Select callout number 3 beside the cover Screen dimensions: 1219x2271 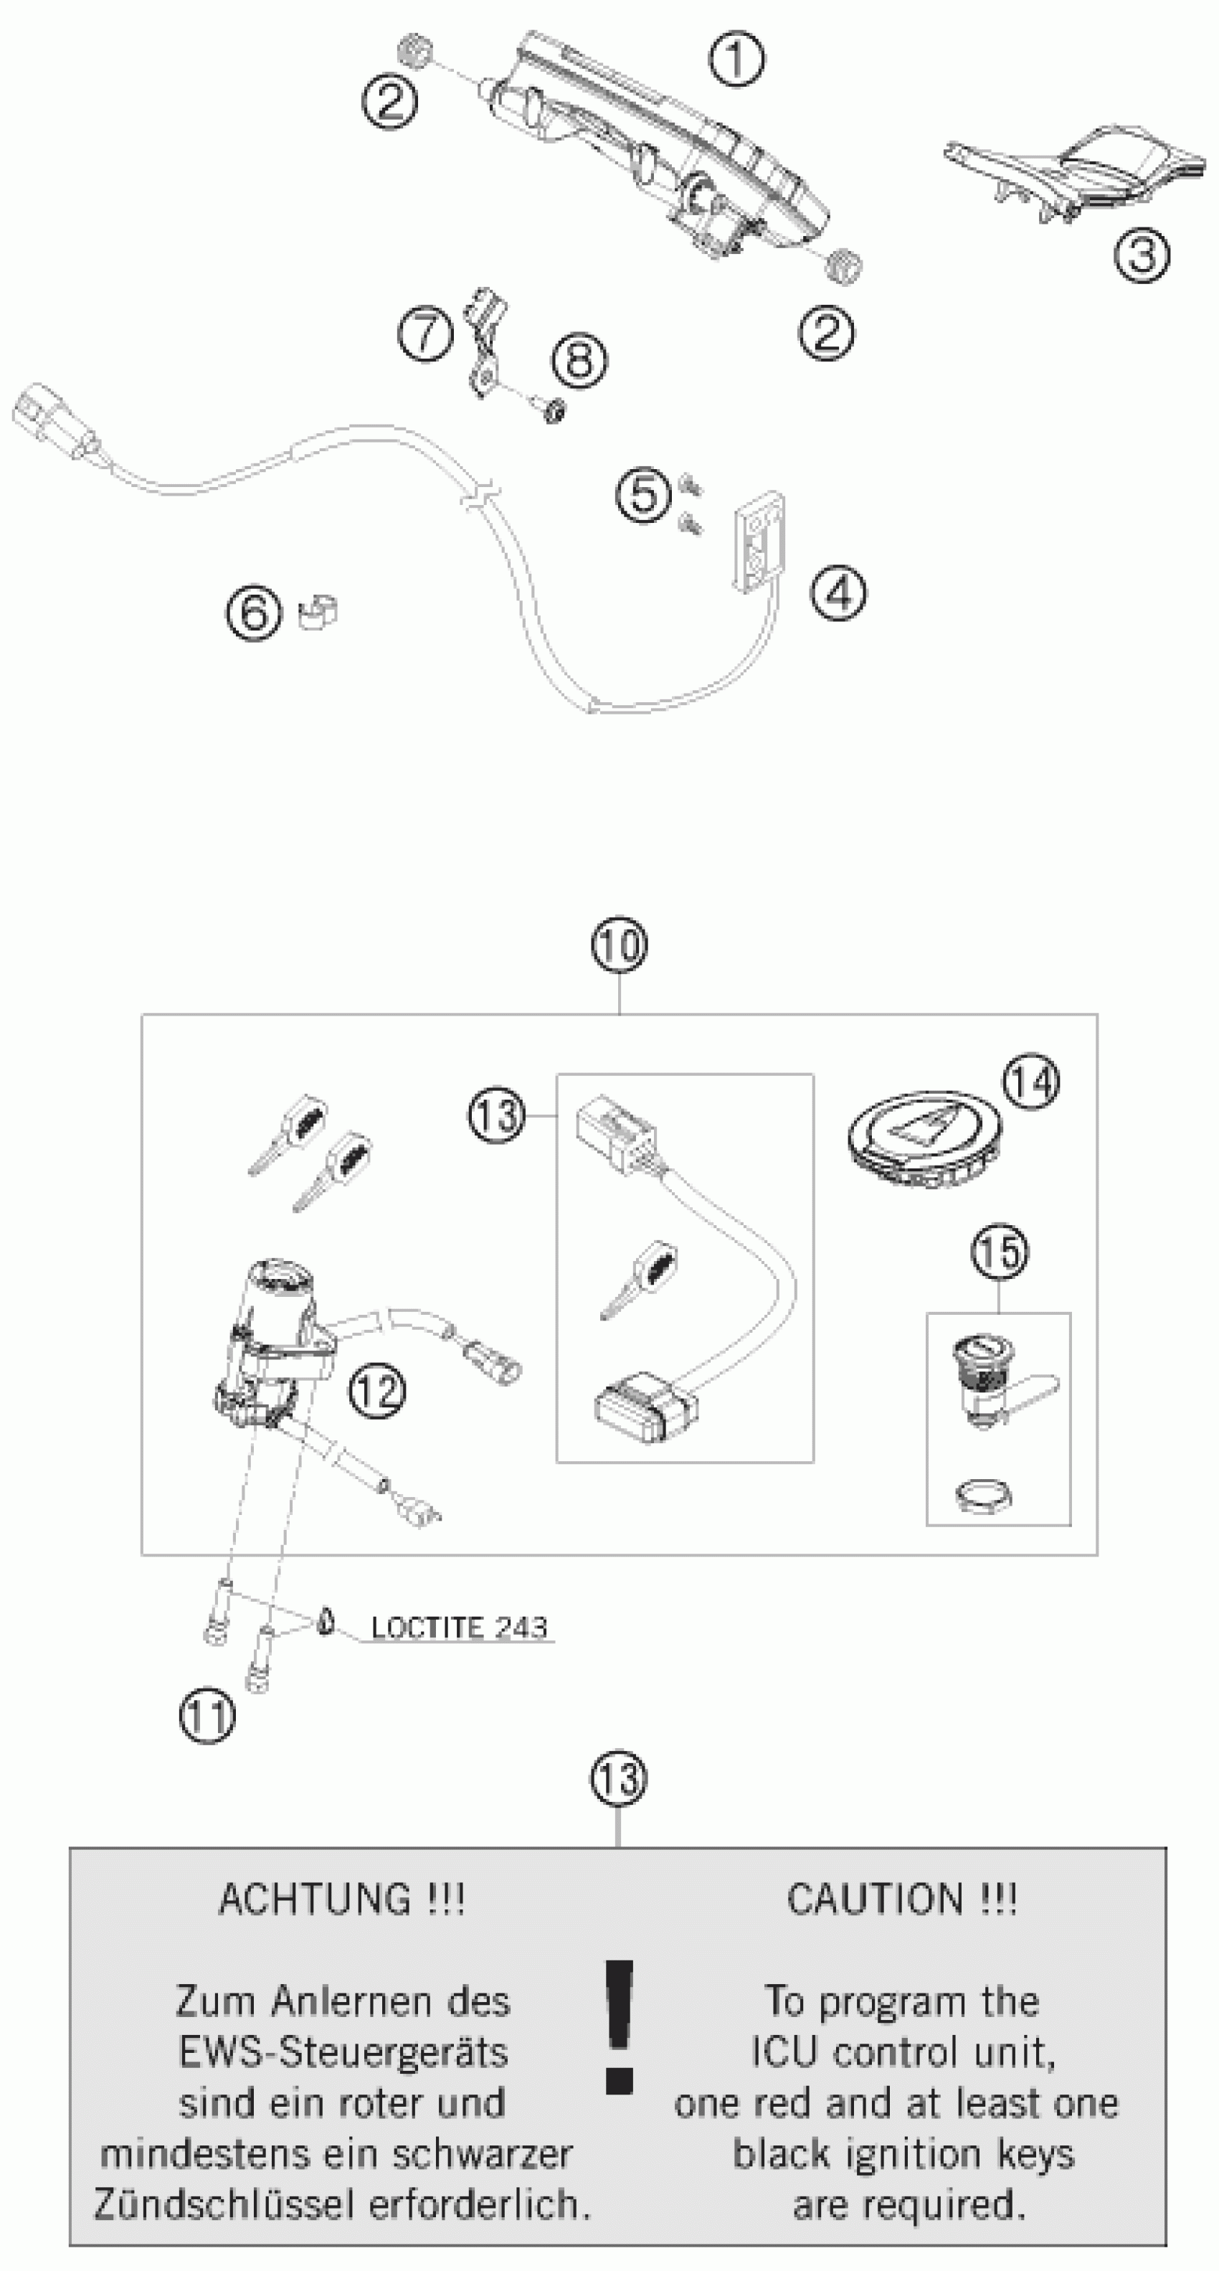[x=1142, y=255]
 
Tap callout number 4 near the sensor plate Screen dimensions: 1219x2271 [x=838, y=592]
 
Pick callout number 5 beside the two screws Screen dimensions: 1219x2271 [x=643, y=493]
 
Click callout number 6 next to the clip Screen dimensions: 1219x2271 [x=255, y=612]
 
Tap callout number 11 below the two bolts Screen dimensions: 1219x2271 [x=207, y=1716]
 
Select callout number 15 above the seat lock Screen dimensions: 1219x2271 [x=1000, y=1252]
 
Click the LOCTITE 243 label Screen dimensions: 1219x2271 [x=458, y=1627]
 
